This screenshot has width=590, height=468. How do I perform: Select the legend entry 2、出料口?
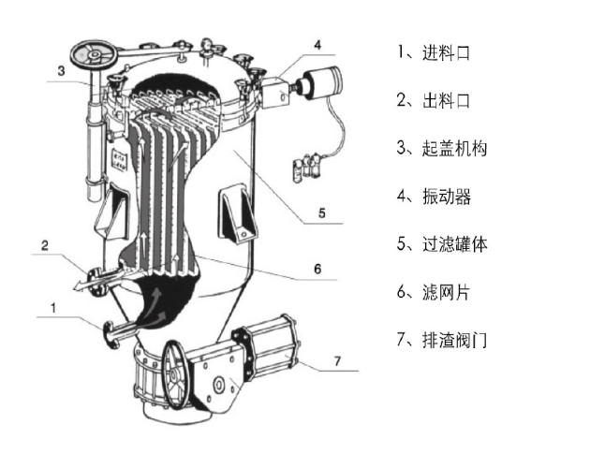click(432, 100)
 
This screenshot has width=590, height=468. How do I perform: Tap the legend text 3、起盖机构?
click(440, 148)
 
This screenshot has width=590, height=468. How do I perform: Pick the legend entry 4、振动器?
click(432, 197)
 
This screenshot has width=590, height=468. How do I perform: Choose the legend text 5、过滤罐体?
click(440, 245)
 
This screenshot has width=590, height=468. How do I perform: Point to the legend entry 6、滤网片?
click(432, 293)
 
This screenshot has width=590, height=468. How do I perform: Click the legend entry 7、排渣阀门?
click(440, 341)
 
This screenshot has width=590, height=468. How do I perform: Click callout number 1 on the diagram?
click(53, 306)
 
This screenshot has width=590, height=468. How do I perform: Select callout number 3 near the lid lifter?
click(60, 70)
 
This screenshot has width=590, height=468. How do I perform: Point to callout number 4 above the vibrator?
click(317, 44)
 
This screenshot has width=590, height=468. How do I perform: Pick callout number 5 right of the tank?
click(320, 213)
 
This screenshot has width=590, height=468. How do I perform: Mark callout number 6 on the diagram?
click(317, 269)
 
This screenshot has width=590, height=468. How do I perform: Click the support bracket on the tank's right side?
click(233, 212)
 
